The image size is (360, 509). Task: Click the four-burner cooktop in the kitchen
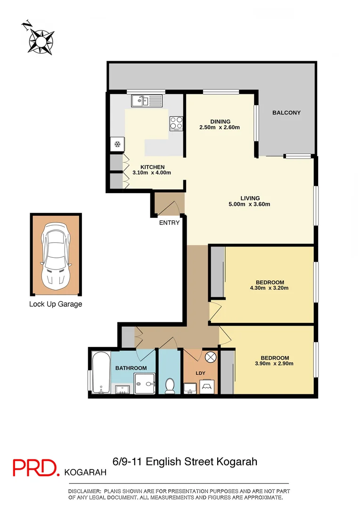[176, 123]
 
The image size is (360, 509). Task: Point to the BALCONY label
[286, 113]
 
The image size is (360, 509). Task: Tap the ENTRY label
[169, 222]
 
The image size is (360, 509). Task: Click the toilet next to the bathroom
[170, 385]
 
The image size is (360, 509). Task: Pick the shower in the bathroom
[144, 384]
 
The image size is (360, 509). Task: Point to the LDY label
[200, 373]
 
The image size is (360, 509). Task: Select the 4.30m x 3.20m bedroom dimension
[269, 287]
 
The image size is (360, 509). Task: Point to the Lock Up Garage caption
[56, 304]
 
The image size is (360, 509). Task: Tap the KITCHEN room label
[152, 167]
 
